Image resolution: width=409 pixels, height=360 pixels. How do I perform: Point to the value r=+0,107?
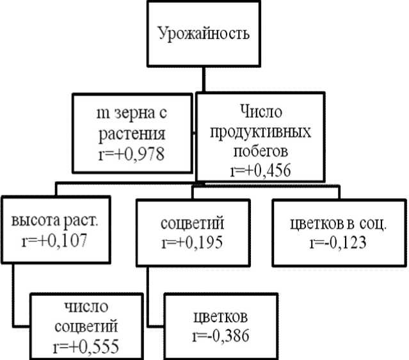pos(53,241)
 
